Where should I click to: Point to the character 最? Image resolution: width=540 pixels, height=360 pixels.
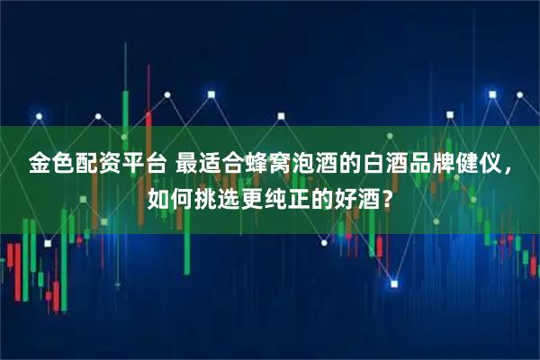pos(187,166)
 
